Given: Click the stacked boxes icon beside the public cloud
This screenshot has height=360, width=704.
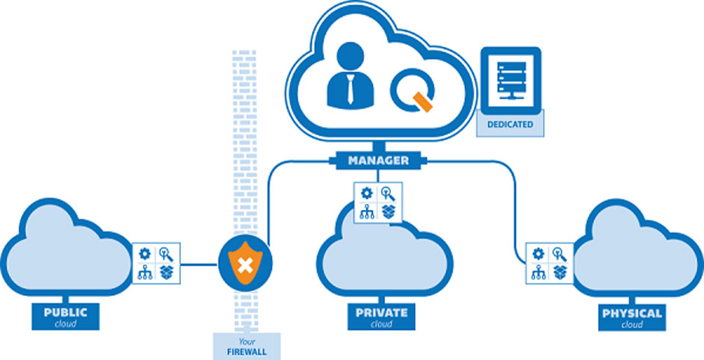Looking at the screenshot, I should pos(166,273).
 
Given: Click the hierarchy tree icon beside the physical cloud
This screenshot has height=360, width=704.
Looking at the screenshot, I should pos(538,273).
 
